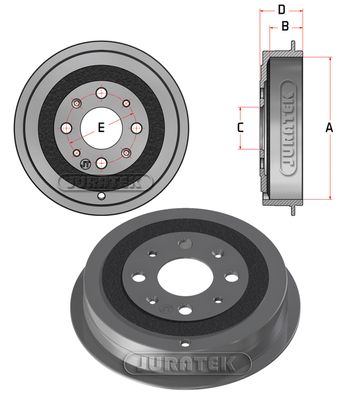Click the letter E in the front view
(102, 126)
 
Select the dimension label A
(329, 126)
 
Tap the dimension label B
(284, 27)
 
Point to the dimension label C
(240, 127)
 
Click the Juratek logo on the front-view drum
(104, 181)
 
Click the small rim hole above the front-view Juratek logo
(104, 196)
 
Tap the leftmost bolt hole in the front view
(67, 128)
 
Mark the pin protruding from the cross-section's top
(290, 44)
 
